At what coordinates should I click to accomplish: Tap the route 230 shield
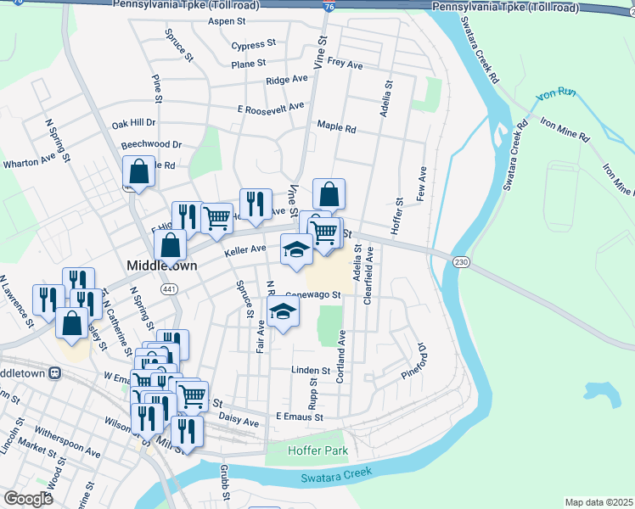tap(459, 261)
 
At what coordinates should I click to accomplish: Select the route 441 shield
tap(171, 289)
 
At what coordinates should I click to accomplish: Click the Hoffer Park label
tap(317, 451)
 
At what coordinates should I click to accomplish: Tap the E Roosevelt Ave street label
tap(271, 108)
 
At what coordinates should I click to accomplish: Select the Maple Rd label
tap(336, 127)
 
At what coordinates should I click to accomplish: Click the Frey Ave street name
tap(345, 64)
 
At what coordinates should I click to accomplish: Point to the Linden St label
tap(310, 371)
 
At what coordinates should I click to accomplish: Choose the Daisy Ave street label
tap(239, 421)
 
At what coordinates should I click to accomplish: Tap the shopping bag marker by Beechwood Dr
tap(139, 172)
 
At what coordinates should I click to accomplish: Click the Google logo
tap(28, 498)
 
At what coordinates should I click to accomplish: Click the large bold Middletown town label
tap(161, 266)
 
